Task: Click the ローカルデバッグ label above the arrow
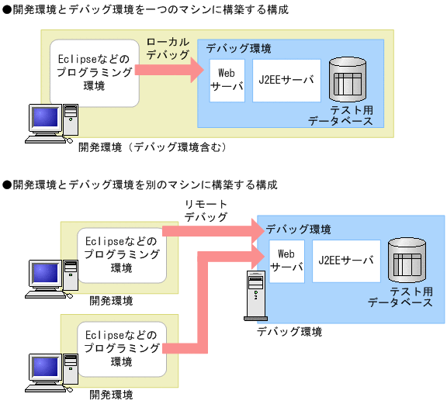[167, 48]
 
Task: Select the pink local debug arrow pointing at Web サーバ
[167, 71]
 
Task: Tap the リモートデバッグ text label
[206, 210]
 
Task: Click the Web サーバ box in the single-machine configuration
[226, 80]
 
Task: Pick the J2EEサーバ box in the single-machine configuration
[286, 80]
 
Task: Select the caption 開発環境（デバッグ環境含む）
[151, 146]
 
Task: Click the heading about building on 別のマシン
[140, 185]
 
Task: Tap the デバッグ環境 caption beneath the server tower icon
[289, 331]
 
